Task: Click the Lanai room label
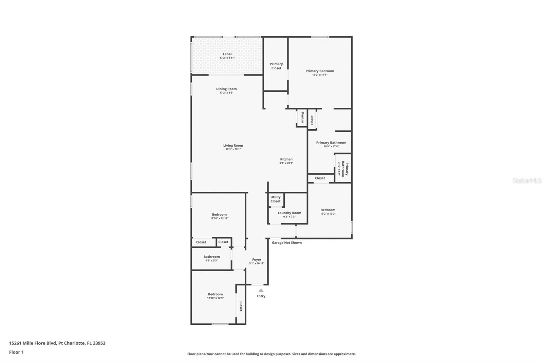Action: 227,54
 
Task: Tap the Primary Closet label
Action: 276,66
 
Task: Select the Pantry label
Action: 302,118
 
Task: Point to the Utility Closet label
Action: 275,199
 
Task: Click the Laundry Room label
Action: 289,213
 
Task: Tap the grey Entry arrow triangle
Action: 261,290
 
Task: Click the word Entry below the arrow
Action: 261,296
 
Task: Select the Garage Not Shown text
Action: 287,243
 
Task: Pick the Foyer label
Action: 257,260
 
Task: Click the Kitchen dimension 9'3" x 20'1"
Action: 286,163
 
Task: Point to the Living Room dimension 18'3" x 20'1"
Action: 233,149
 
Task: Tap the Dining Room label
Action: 226,89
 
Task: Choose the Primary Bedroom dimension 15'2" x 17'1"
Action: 320,75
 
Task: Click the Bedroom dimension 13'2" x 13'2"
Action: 328,214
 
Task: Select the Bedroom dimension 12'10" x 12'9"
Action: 215,298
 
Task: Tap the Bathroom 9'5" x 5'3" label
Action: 212,258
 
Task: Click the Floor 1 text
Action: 16,352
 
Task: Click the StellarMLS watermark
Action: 527,180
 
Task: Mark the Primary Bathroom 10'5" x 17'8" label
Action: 331,144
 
